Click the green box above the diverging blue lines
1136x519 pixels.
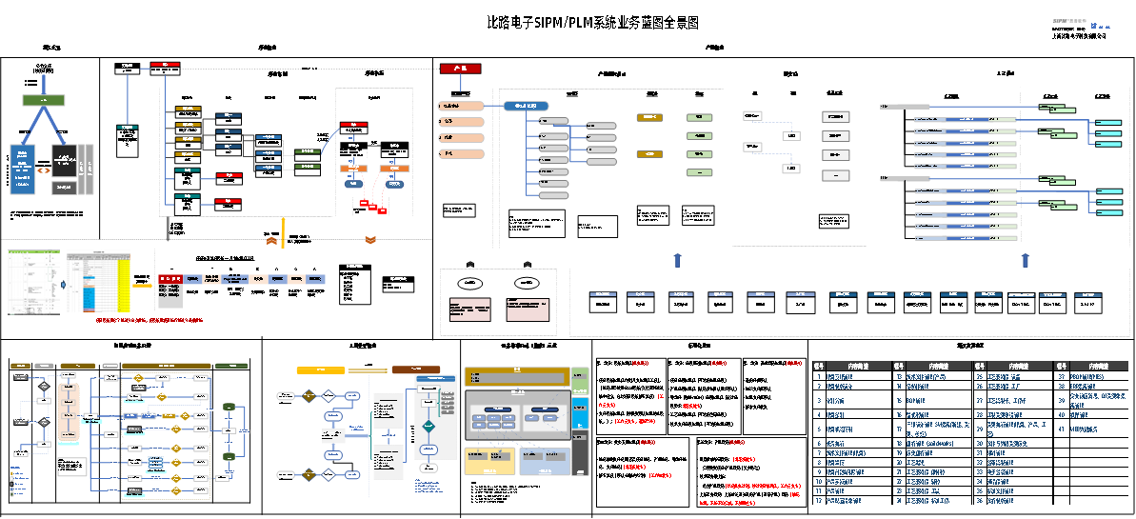[x=44, y=100]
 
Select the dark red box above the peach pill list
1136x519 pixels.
[x=460, y=69]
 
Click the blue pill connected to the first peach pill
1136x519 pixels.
[x=525, y=106]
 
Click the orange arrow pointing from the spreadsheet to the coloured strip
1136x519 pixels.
[x=143, y=284]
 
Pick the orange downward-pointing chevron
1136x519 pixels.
[x=371, y=239]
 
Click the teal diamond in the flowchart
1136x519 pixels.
[x=428, y=426]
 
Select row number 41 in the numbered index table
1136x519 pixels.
[x=1062, y=429]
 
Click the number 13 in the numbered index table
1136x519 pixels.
[x=899, y=376]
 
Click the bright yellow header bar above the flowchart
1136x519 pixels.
[x=320, y=369]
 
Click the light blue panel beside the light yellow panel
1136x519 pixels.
[x=545, y=461]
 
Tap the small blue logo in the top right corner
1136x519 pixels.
[x=1094, y=26]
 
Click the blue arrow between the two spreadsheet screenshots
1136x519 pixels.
[x=63, y=283]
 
